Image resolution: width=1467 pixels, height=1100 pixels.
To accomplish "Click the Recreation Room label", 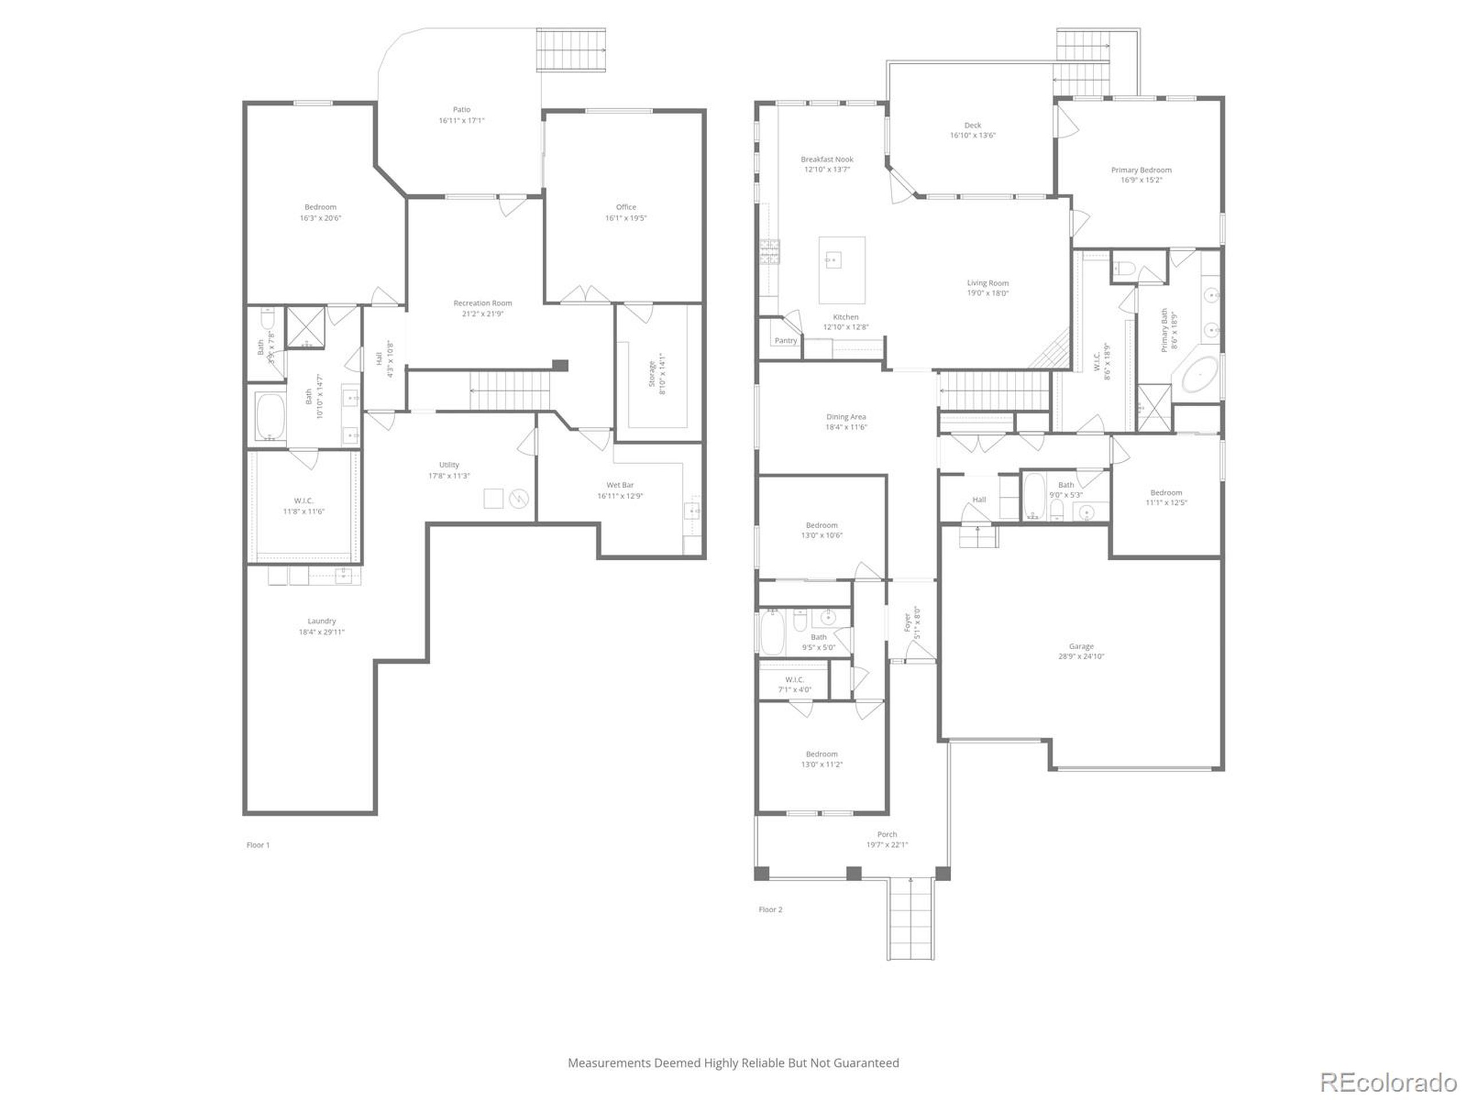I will (x=482, y=303).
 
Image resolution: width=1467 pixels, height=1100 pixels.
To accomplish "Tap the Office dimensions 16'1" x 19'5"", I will (x=625, y=218).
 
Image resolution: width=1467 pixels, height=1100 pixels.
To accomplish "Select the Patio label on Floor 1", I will (x=461, y=109).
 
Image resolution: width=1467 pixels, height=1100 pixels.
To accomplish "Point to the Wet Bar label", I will (x=619, y=485).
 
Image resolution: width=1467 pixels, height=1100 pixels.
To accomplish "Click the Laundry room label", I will (x=321, y=621).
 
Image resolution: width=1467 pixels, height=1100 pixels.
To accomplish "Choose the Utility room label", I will (x=449, y=465).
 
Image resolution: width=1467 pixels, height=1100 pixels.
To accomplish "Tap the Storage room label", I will (x=652, y=374).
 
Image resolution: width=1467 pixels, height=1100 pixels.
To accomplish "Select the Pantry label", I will (x=785, y=341).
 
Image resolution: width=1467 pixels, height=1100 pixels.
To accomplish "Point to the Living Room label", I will (x=987, y=283).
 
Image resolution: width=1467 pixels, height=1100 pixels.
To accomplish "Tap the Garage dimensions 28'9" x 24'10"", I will (x=1081, y=657).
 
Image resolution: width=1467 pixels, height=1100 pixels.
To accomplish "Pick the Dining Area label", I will (x=846, y=417).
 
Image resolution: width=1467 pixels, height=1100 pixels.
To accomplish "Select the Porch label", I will (x=887, y=835).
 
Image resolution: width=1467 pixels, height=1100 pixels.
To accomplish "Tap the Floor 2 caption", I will (x=770, y=910).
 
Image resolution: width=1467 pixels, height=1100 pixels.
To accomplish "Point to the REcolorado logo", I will (x=1388, y=1083).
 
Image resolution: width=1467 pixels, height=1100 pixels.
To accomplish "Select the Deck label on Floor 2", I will (x=972, y=125).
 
